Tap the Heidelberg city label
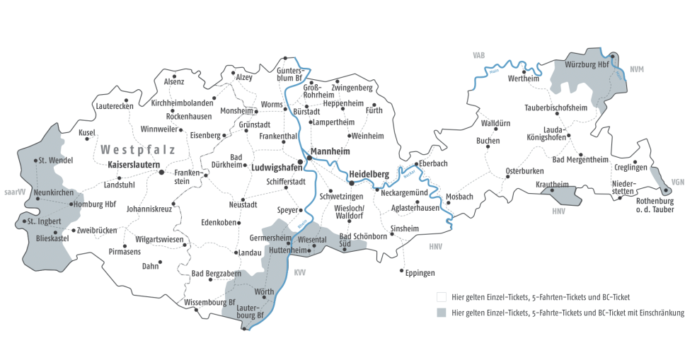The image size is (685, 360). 369,174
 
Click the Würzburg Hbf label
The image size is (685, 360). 587,64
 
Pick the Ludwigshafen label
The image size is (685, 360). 273,168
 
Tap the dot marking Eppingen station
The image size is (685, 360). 403,270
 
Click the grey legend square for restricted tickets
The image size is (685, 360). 442,312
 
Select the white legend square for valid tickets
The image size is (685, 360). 442,297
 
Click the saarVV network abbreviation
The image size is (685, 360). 13,192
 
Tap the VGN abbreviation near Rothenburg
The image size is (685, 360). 677,182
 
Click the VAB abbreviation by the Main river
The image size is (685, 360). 480,54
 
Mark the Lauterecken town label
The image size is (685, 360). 114,106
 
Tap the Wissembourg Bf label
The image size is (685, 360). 209,302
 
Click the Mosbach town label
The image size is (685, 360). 460,196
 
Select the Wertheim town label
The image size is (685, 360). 524,79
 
